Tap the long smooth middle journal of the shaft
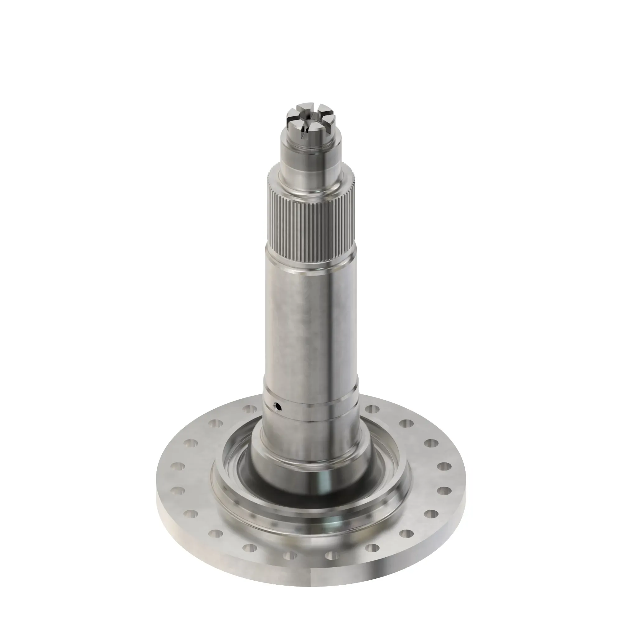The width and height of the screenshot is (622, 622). pyautogui.click(x=311, y=322)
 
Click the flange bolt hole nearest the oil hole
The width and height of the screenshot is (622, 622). pyautogui.click(x=248, y=409)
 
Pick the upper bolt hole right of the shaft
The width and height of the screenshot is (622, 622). pyautogui.click(x=373, y=409)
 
